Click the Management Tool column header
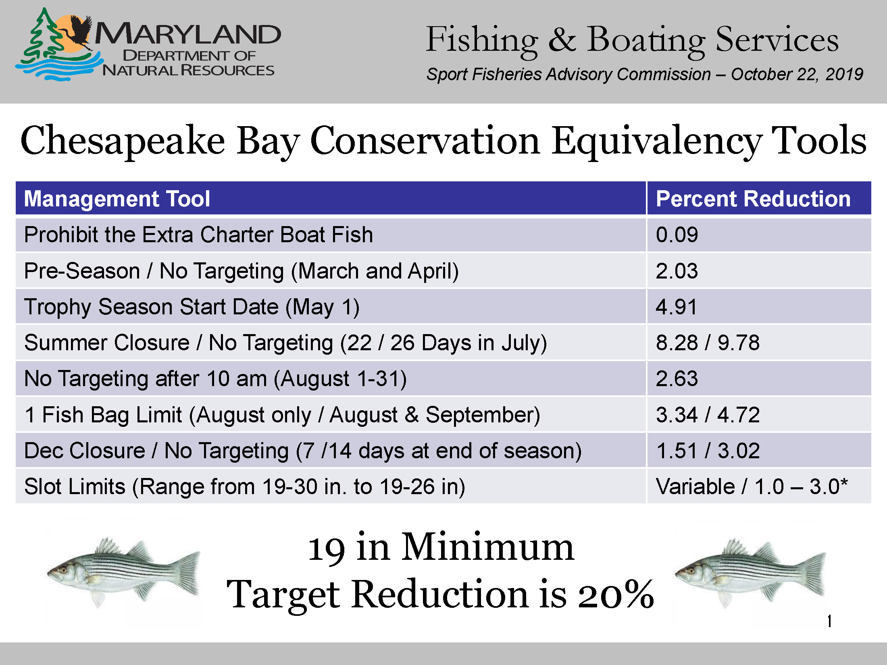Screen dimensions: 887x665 point(117,199)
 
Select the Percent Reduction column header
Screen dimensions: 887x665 point(753,199)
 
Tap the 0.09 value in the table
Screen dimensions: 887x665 point(677,235)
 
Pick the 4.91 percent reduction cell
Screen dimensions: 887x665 point(677,307)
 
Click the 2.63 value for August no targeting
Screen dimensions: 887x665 point(677,378)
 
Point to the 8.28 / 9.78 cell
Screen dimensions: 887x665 point(708,343)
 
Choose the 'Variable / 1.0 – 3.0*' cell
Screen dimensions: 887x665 point(752,486)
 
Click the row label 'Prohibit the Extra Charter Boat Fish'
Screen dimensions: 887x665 point(198,235)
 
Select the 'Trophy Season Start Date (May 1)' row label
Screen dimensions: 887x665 point(192,307)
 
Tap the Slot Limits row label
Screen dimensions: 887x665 point(245,486)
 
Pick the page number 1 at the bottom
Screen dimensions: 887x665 point(829,621)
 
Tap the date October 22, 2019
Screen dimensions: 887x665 point(797,75)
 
